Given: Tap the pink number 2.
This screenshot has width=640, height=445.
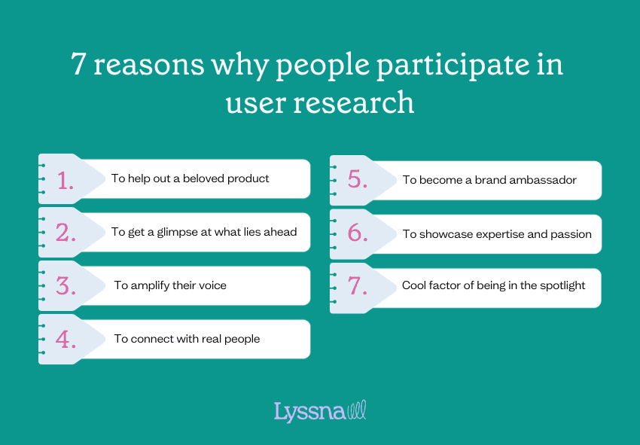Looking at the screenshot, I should point(65,232).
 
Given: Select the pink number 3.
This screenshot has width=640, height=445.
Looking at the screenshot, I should point(65,285).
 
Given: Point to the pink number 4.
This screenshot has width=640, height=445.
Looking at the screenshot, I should point(65,339).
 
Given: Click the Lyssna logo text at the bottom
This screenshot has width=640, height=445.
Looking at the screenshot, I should point(309,412).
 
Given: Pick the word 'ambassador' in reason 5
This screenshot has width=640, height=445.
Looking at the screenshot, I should point(540,180).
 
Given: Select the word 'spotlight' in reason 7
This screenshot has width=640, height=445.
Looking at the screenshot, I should point(559,286).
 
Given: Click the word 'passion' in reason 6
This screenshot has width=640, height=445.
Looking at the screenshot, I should point(571,234).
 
